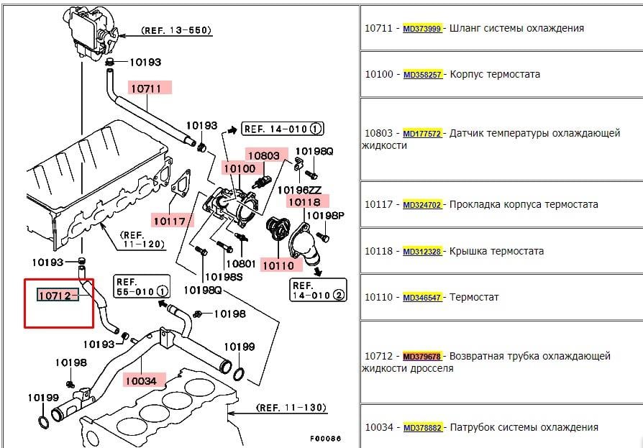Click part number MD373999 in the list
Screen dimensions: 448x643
(422, 29)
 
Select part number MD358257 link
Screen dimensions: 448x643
(422, 75)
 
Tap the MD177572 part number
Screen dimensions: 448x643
(422, 134)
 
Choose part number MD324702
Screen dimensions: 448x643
(422, 205)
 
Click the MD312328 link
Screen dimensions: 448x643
(422, 252)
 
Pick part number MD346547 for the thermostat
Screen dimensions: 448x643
(422, 298)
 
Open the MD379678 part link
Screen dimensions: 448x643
(422, 357)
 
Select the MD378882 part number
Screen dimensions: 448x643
(422, 428)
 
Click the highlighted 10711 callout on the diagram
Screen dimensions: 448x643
(150, 88)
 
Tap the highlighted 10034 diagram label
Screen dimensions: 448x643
(145, 379)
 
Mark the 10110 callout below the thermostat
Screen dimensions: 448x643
(277, 265)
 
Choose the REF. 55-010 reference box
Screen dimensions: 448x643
(142, 286)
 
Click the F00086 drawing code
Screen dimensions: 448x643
(325, 439)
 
